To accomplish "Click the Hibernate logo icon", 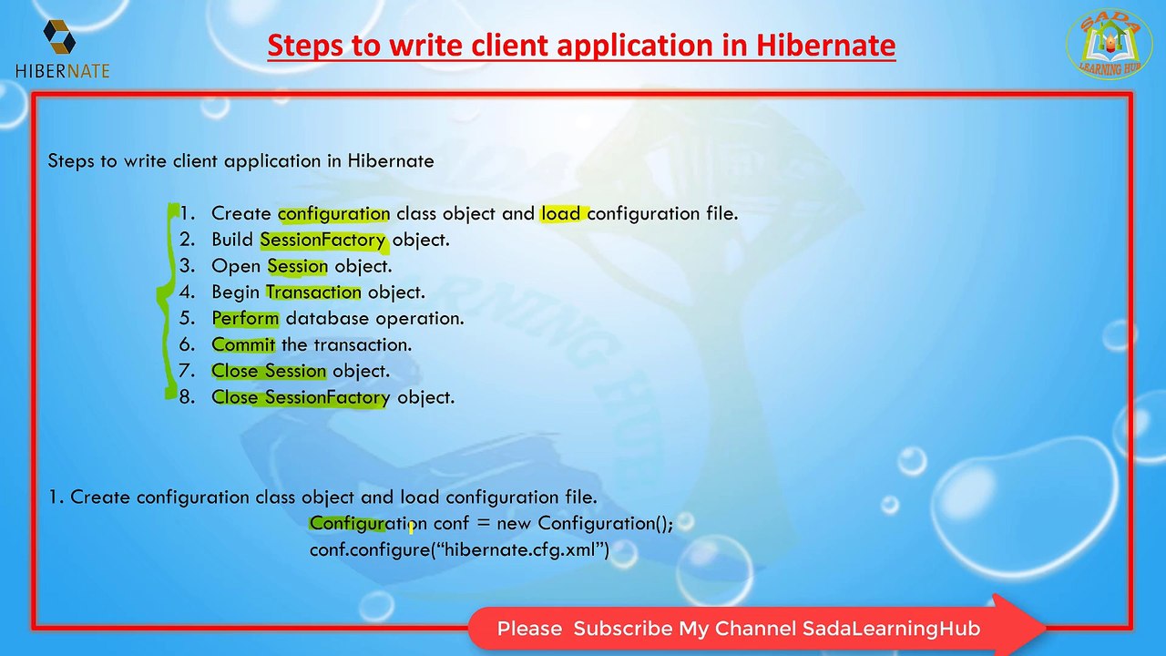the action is [x=59, y=36].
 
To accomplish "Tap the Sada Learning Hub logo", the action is [x=1110, y=45].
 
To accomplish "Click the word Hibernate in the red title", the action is [x=825, y=45].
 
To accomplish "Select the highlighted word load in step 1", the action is [x=560, y=213].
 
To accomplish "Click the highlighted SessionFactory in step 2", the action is [x=322, y=240].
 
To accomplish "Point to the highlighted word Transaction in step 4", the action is [x=312, y=292].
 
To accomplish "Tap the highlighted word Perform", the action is [x=245, y=319].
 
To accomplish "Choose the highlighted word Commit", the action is [x=243, y=344].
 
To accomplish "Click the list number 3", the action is [x=187, y=266].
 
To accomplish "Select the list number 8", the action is [x=187, y=397].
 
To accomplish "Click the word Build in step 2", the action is [x=232, y=240].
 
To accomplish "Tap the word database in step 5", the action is [x=327, y=318].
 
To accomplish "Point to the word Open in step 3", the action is [x=236, y=267].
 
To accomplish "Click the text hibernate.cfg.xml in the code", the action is [x=519, y=549].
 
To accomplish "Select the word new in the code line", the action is [x=514, y=524].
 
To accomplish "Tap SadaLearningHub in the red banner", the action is [x=891, y=629].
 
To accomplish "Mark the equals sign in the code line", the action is [x=484, y=524].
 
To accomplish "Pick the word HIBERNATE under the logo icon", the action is [x=63, y=71].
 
